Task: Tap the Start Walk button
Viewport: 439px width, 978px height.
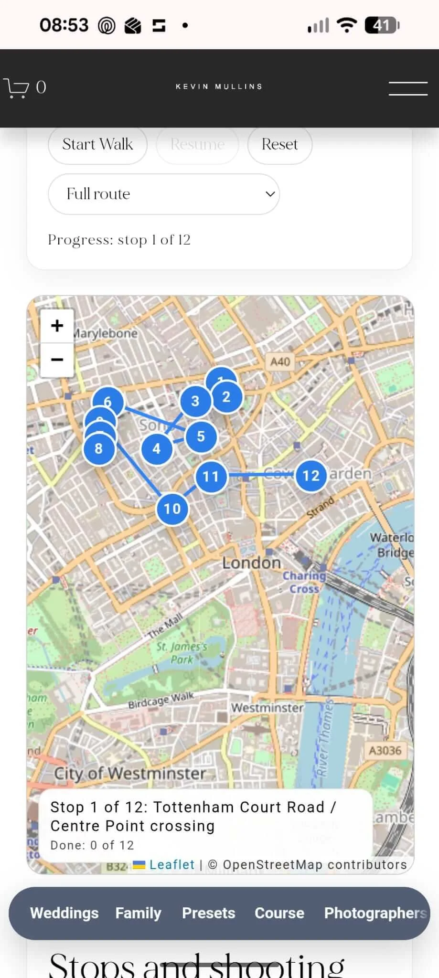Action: coord(97,144)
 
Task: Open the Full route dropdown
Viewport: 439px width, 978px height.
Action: coord(164,194)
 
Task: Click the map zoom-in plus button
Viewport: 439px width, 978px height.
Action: coord(57,326)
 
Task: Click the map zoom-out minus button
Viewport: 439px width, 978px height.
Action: coord(57,360)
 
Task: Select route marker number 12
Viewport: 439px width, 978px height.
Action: coord(311,476)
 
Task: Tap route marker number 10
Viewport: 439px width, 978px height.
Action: coord(172,509)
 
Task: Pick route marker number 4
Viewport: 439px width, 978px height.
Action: coord(157,449)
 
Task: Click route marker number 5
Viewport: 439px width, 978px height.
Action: coord(201,436)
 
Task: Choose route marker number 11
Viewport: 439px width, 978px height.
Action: coord(211,476)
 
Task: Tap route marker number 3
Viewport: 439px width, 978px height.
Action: coord(195,401)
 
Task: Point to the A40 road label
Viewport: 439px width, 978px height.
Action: coord(280,362)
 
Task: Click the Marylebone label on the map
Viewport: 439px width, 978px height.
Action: coord(105,333)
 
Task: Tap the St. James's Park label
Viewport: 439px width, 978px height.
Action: coord(182,653)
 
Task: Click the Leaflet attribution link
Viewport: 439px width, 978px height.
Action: coord(171,864)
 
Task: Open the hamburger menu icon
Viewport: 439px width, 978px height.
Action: coord(408,88)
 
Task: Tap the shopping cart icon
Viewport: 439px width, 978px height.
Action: coord(17,87)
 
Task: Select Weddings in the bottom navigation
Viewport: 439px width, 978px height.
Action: coord(64,913)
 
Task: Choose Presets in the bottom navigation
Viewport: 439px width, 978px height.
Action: coord(208,913)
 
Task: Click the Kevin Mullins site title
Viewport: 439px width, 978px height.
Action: coord(219,86)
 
